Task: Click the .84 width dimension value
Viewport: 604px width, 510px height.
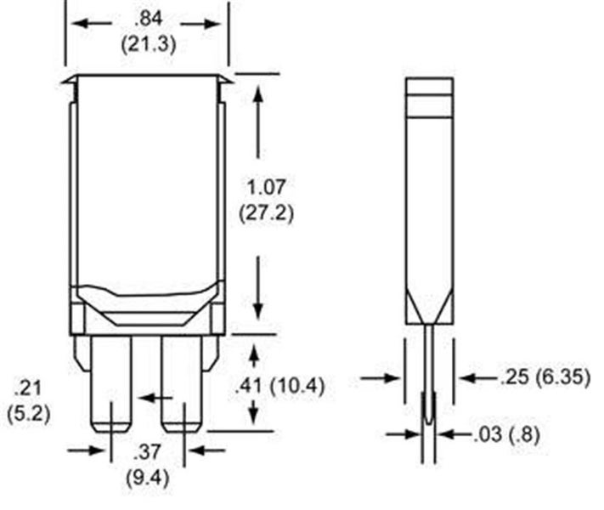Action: pyautogui.click(x=149, y=20)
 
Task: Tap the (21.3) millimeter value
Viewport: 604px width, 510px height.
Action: pyautogui.click(x=149, y=44)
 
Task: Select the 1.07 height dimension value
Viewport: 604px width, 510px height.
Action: pyautogui.click(x=266, y=187)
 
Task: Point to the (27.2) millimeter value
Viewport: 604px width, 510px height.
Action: pyautogui.click(x=266, y=212)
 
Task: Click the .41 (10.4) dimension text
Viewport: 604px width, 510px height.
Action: pyautogui.click(x=280, y=386)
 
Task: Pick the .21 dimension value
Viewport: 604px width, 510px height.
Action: pyautogui.click(x=27, y=388)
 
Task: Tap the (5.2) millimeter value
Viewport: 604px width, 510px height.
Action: pyautogui.click(x=29, y=415)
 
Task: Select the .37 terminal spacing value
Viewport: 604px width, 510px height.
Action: pyautogui.click(x=147, y=452)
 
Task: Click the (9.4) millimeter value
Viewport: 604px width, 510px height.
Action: pyautogui.click(x=148, y=479)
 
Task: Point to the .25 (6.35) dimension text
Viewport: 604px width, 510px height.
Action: pyautogui.click(x=545, y=377)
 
